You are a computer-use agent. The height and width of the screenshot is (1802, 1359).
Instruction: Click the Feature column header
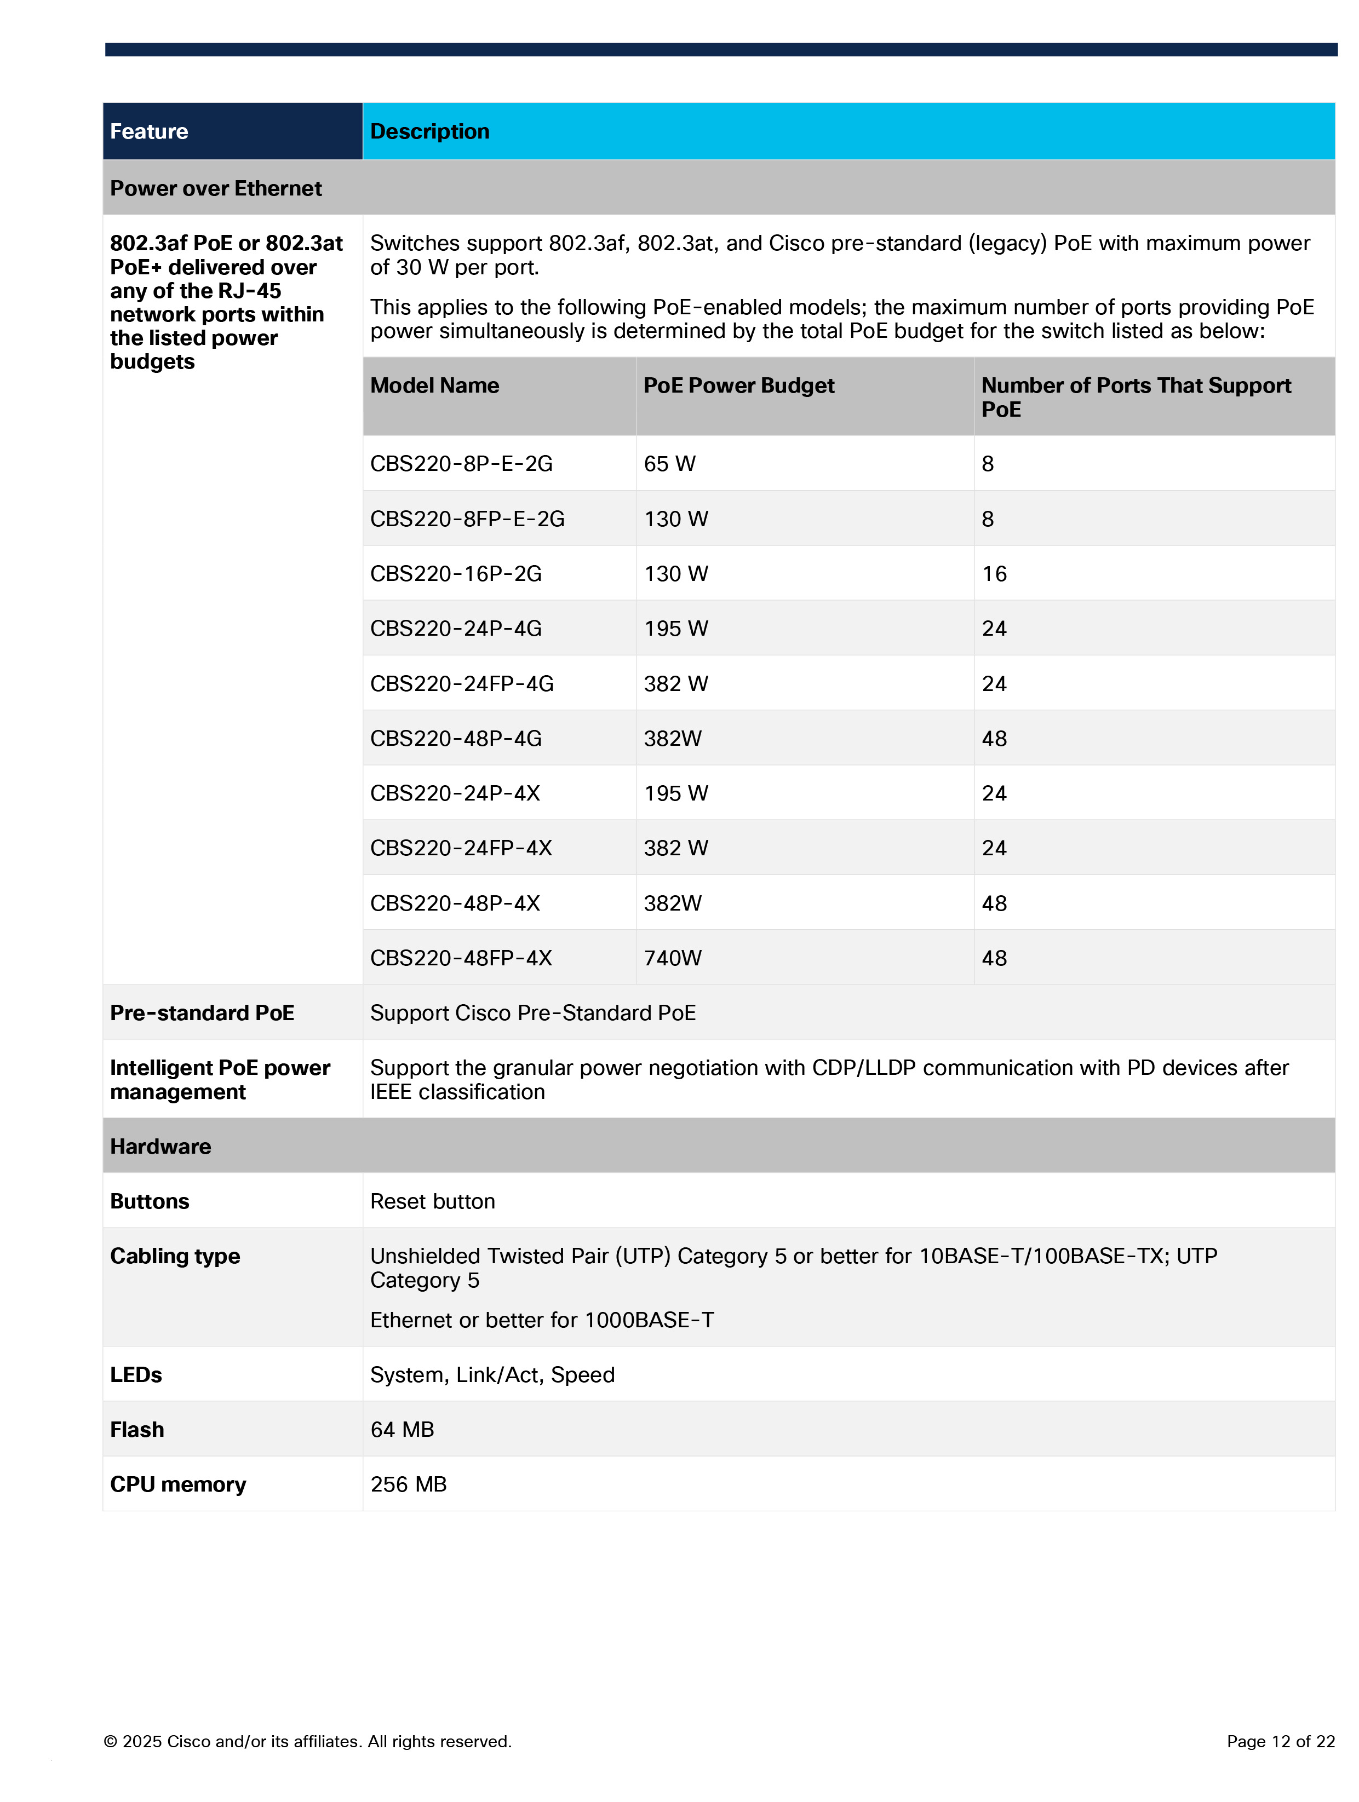(x=149, y=131)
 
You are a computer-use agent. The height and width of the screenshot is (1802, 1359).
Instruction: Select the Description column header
(x=429, y=131)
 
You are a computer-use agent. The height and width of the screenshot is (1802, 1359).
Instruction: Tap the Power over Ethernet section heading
(x=216, y=188)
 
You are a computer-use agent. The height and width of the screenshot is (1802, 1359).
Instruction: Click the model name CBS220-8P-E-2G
(x=461, y=464)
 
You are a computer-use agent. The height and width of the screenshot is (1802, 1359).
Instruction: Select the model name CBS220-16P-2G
(x=455, y=573)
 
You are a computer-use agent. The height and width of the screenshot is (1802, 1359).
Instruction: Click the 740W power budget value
(x=672, y=958)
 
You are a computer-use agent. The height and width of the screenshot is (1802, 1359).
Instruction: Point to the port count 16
(x=994, y=573)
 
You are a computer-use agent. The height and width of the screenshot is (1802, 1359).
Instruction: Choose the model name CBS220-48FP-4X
(x=461, y=958)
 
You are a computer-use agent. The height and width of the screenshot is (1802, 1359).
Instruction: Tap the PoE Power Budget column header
(x=738, y=385)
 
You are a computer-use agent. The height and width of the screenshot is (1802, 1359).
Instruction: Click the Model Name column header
(x=434, y=385)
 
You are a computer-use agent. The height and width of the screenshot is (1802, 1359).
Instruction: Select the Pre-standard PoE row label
(x=202, y=1012)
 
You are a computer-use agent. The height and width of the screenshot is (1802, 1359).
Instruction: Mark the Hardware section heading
(x=160, y=1146)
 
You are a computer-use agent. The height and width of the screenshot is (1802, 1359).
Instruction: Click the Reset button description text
(x=433, y=1201)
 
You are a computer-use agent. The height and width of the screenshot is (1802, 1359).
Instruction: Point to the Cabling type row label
(x=175, y=1256)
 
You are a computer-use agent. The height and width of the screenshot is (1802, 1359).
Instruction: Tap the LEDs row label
(x=136, y=1374)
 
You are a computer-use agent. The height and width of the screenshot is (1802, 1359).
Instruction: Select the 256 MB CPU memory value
(x=408, y=1484)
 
